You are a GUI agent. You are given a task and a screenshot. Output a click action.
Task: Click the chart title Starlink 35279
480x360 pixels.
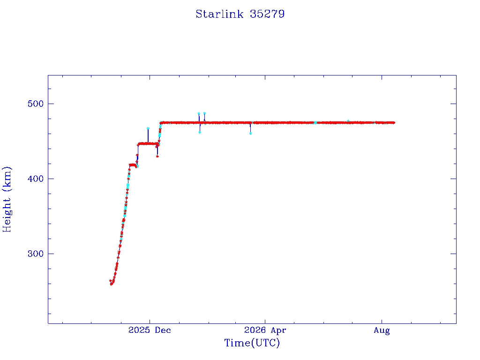tap(240, 14)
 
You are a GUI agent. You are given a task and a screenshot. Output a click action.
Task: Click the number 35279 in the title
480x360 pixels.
tap(267, 14)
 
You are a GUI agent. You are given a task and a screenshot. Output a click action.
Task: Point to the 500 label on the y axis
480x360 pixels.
tap(36, 104)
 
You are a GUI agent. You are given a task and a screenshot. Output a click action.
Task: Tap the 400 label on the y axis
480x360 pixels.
tap(36, 179)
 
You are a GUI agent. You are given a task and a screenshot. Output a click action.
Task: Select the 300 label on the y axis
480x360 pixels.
tap(36, 254)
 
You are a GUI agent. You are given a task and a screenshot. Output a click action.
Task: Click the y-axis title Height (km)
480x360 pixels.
tap(7, 199)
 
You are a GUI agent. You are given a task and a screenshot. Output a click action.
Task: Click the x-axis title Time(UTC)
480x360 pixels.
tap(252, 343)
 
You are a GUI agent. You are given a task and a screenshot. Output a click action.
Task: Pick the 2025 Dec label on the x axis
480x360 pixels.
tap(150, 330)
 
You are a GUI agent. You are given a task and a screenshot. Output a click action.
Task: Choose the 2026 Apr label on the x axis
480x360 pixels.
tap(265, 330)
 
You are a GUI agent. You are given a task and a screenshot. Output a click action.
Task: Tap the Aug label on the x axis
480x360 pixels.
tap(382, 330)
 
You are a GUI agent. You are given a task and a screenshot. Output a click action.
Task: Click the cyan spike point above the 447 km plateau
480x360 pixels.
tap(148, 128)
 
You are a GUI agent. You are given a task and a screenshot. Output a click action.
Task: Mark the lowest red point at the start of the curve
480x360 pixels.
tap(112, 285)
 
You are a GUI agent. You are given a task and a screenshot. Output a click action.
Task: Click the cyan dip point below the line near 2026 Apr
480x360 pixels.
tap(250, 134)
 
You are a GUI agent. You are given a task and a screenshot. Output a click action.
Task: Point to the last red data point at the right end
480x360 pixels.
tap(394, 123)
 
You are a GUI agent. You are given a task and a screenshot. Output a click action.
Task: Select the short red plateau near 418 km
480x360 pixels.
tap(133, 165)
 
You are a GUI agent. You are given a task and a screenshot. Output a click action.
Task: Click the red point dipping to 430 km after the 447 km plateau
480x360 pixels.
tap(157, 157)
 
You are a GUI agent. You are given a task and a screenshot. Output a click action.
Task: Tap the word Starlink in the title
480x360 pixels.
tap(219, 14)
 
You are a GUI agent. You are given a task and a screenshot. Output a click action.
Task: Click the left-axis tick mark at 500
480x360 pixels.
tap(51, 104)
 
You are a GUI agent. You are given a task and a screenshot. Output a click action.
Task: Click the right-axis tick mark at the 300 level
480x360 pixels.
tap(453, 254)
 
